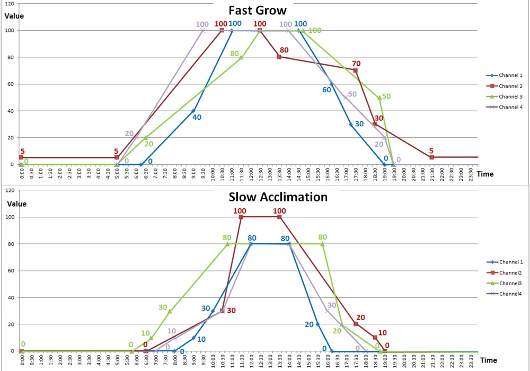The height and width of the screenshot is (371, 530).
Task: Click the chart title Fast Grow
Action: point(258,11)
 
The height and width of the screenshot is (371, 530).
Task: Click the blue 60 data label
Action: point(327,90)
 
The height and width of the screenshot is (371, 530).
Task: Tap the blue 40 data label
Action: point(197,118)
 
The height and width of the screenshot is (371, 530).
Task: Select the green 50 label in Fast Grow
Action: point(386,96)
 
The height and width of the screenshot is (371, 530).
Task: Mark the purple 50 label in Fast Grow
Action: point(352,94)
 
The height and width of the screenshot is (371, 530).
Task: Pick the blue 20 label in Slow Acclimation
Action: point(309,324)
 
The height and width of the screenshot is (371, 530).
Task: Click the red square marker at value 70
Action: point(355,70)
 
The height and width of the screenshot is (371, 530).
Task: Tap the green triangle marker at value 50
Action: point(379,98)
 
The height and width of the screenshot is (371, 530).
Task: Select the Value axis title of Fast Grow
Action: point(14,16)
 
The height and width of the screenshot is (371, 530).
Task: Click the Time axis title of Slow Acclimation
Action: point(489,360)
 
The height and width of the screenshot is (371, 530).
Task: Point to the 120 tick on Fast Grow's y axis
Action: point(10,3)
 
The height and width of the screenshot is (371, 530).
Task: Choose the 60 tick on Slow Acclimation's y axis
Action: point(12,270)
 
